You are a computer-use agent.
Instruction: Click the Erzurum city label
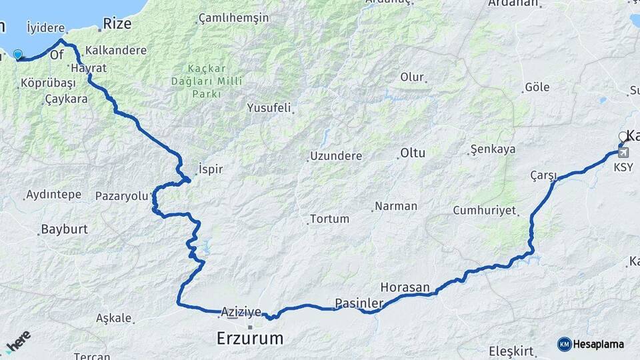(250, 339)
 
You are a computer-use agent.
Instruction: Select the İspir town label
(210, 169)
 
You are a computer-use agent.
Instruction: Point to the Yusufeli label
(269, 107)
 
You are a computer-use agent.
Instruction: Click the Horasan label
(405, 287)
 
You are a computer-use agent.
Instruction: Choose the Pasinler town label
(359, 303)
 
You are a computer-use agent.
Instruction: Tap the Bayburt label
(64, 229)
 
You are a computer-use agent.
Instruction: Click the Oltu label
(413, 153)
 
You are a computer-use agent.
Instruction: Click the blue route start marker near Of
(18, 55)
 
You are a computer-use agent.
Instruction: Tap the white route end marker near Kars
(623, 137)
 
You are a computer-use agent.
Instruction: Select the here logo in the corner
(18, 342)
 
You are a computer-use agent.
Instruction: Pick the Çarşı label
(543, 175)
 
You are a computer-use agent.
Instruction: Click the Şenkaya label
(493, 149)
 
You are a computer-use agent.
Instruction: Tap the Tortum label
(329, 219)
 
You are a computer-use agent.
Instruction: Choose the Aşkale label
(114, 318)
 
